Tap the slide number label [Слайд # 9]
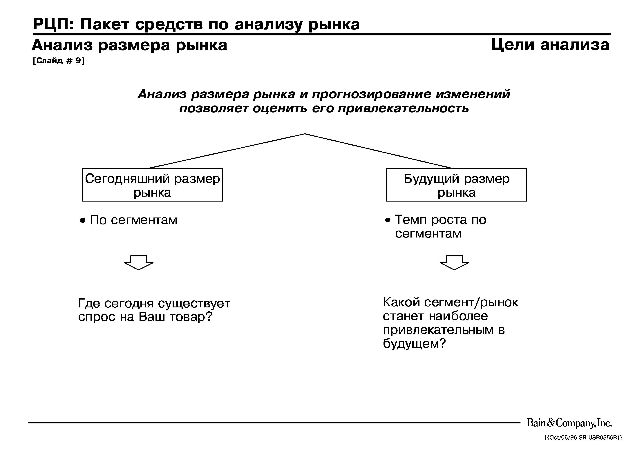click(x=59, y=61)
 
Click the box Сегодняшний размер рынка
click(x=152, y=185)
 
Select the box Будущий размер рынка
click(x=456, y=185)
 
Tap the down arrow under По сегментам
click(x=139, y=262)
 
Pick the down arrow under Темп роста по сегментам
click(x=454, y=262)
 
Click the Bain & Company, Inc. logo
click(x=569, y=423)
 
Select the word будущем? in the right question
click(x=414, y=343)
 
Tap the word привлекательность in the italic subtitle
click(x=403, y=108)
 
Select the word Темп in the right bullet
click(x=411, y=220)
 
